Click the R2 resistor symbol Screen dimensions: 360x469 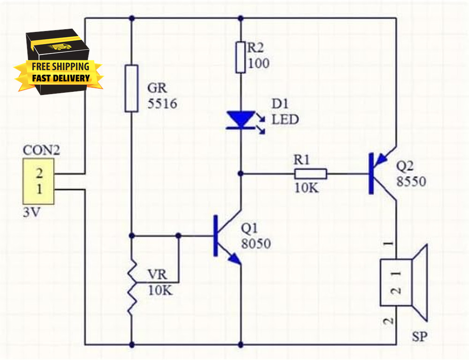click(x=241, y=57)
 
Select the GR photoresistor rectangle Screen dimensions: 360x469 click(x=131, y=89)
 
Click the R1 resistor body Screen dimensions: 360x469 click(x=310, y=174)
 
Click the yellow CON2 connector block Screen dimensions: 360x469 click(x=38, y=181)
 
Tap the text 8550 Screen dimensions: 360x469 click(x=411, y=182)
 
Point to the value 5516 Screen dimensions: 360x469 click(x=162, y=104)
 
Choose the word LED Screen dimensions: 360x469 click(x=285, y=120)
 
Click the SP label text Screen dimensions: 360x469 click(x=420, y=336)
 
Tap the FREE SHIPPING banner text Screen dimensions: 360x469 click(x=61, y=66)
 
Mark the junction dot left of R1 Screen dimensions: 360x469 click(x=241, y=174)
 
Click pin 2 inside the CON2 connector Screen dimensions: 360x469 click(x=40, y=173)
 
